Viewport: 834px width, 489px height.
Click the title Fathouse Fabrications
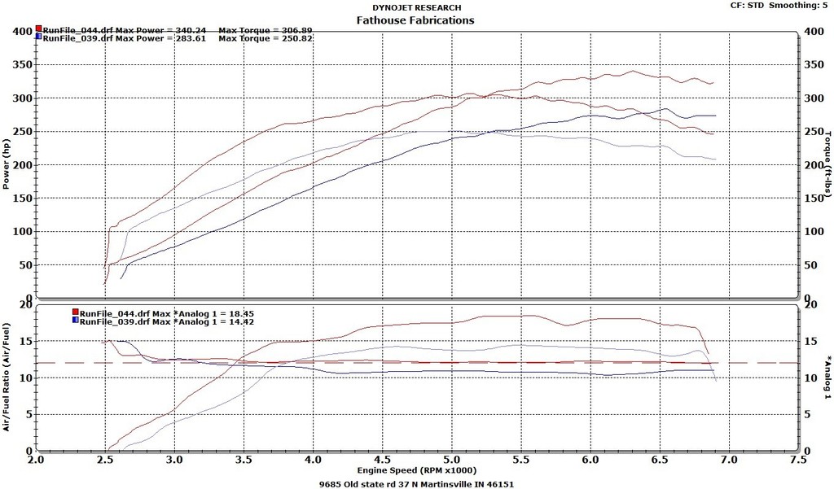(415, 20)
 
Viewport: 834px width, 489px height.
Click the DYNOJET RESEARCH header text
(415, 7)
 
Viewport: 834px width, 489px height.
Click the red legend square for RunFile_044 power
(38, 29)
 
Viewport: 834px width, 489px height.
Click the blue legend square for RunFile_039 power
(38, 37)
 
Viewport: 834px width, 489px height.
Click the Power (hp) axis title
(7, 163)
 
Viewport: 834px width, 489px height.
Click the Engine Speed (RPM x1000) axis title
(416, 470)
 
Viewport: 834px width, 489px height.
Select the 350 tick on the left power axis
(22, 64)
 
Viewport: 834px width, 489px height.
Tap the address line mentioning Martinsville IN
(416, 483)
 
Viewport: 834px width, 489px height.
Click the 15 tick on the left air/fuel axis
(25, 341)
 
